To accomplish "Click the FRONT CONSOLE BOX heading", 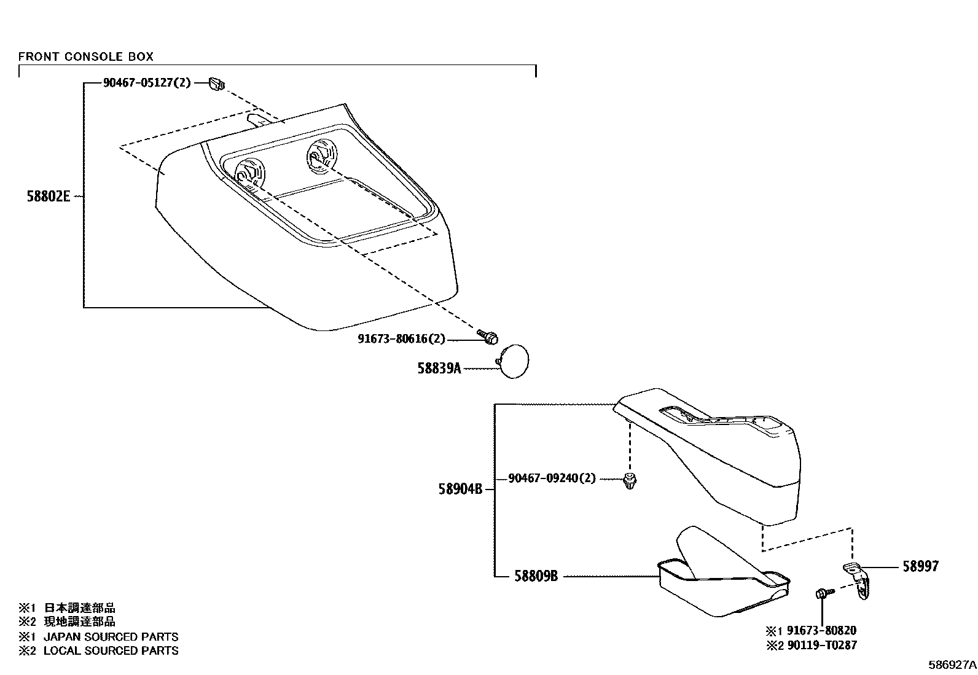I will (85, 57).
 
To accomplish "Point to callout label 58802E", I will (49, 197).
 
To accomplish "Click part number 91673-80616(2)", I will (401, 339).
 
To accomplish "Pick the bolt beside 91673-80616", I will (490, 337).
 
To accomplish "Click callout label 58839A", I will (439, 369).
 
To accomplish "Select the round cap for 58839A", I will (513, 362).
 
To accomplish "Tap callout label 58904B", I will (460, 490).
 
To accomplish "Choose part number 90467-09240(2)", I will (552, 478).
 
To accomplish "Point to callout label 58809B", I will (536, 576).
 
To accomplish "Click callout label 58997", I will (920, 567).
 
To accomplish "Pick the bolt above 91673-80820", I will (823, 593).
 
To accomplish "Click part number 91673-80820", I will (819, 631).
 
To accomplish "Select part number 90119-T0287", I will (819, 645).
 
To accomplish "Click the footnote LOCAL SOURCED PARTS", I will (111, 650).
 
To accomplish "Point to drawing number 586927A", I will (952, 665).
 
